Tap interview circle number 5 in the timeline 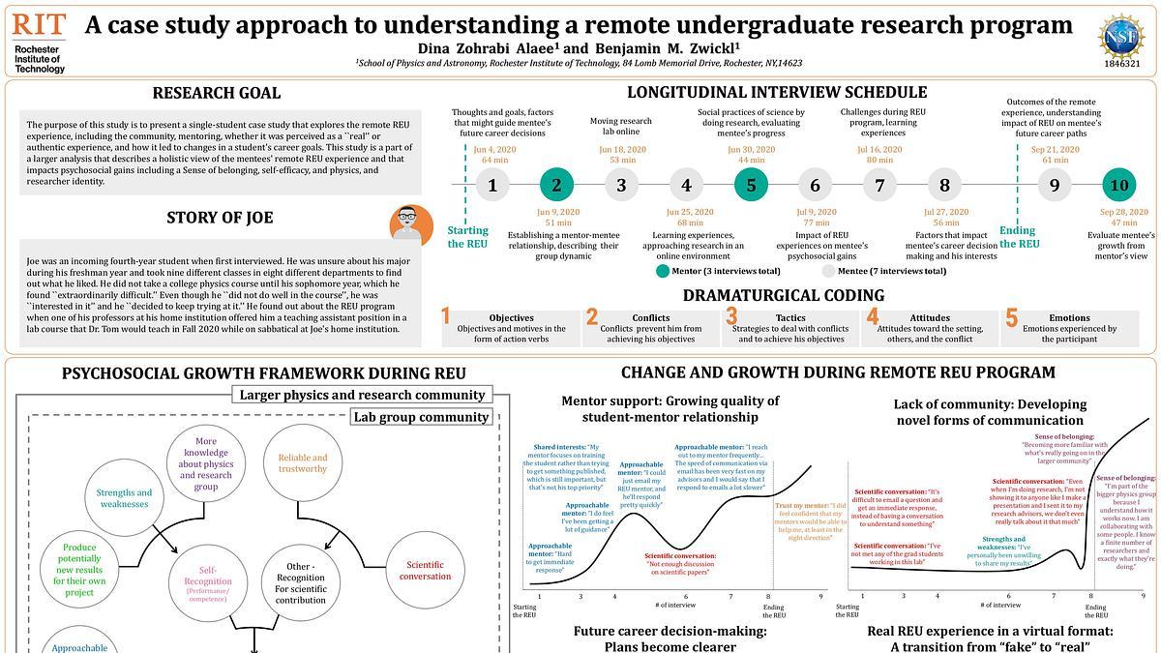coord(751,185)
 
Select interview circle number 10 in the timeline coord(1119,185)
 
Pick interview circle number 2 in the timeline coord(556,185)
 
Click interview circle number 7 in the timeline coord(879,185)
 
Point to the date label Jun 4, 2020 coord(494,150)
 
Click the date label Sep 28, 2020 coord(1123,212)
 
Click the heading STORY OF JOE coord(219,217)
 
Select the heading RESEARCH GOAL coord(217,93)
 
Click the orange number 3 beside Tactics coord(732,316)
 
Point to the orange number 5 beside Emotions coord(1011,316)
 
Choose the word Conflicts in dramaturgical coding coord(650,317)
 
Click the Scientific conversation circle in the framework coord(425,571)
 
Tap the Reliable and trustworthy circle coord(303,463)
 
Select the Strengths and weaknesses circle coord(124,498)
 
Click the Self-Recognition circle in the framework coord(215,579)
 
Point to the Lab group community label coord(421,417)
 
